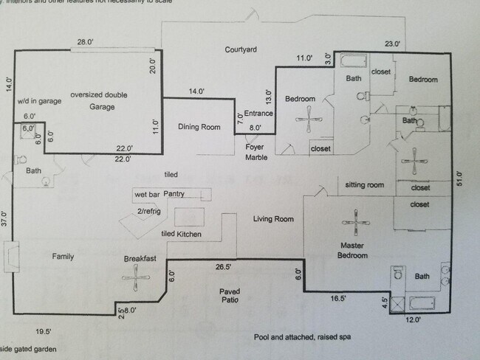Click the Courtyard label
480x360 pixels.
[x=241, y=49]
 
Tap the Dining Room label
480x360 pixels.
[x=199, y=127]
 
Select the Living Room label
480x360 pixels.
[x=273, y=219]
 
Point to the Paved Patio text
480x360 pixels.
[x=230, y=296]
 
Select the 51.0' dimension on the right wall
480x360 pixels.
[x=459, y=179]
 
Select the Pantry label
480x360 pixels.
[x=174, y=193]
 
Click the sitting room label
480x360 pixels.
[x=365, y=184]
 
